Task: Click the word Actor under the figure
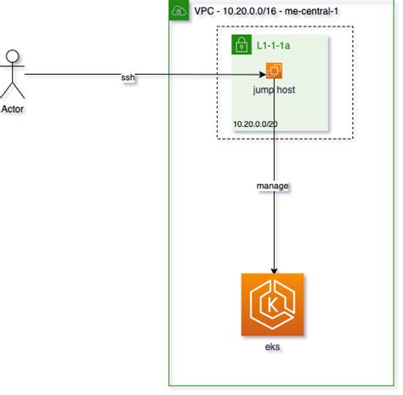[13, 107]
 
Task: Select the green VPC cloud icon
[179, 11]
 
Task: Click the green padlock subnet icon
[241, 43]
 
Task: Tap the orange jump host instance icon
[275, 72]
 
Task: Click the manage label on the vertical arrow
[273, 184]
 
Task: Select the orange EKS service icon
[272, 305]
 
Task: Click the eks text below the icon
[272, 348]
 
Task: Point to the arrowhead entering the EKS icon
[273, 268]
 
